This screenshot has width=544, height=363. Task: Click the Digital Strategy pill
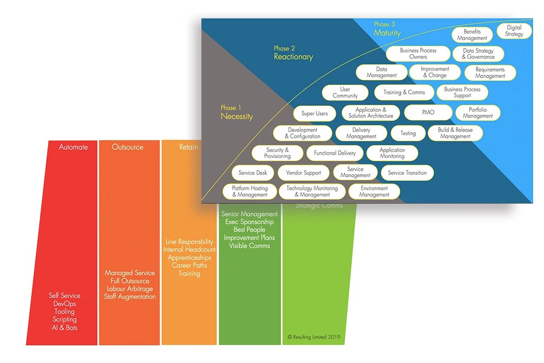[514, 31]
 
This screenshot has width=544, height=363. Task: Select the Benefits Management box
[472, 35]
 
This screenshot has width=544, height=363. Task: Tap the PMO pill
[428, 112]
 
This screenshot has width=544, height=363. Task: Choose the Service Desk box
[253, 173]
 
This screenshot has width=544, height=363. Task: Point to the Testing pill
[408, 133]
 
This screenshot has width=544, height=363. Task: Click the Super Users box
[315, 113]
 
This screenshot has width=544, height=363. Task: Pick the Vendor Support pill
[303, 173]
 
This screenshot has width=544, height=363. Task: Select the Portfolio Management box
[477, 113]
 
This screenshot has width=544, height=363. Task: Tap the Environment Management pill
[374, 191]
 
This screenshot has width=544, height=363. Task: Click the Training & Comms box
[404, 93]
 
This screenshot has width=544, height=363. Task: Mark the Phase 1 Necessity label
[236, 113]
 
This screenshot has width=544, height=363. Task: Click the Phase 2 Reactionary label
[293, 53]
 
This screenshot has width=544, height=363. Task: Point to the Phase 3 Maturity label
[387, 29]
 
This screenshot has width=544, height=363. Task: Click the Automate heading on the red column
[73, 147]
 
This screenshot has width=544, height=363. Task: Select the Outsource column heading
[127, 147]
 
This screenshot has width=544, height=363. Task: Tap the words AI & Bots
[65, 328]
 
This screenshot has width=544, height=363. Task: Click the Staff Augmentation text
[130, 297]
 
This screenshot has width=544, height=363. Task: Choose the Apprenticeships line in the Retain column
[189, 258]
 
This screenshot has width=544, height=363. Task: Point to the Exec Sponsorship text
[249, 222]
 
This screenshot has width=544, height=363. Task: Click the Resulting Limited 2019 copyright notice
[314, 337]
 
